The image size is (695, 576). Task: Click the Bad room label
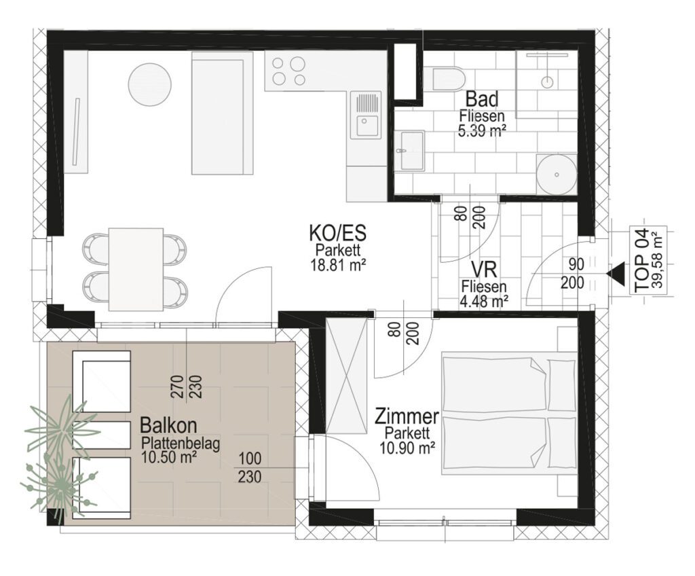482,98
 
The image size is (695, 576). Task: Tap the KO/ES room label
338,233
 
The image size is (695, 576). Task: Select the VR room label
483,270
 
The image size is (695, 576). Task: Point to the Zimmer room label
407,417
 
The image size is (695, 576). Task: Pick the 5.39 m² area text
483,130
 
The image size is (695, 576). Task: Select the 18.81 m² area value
338,265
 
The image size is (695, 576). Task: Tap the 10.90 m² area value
407,448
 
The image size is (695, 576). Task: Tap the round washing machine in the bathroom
557,174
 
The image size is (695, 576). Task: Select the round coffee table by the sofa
150,84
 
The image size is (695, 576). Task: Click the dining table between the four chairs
135,270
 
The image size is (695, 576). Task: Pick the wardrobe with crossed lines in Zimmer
347,376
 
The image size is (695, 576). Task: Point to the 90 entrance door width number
576,264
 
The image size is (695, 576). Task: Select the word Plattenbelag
181,444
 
